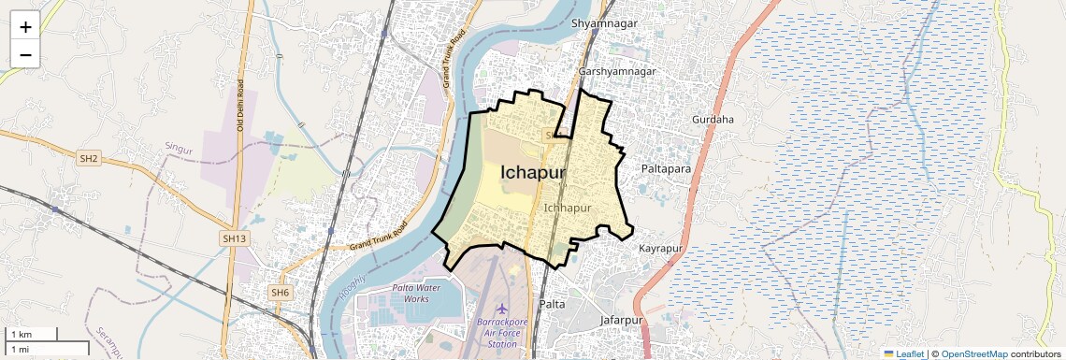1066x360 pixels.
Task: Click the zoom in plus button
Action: [x=25, y=26]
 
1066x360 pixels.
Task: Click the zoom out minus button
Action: [x=25, y=55]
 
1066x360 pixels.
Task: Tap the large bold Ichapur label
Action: [x=533, y=172]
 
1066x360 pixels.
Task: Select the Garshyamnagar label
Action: [x=618, y=71]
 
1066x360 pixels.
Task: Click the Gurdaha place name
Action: [x=713, y=120]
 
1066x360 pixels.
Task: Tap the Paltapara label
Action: [x=666, y=168]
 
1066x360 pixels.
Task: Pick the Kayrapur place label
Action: [x=662, y=249]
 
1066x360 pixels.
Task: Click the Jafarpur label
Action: [x=625, y=320]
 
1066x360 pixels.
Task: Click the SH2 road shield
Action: [x=89, y=158]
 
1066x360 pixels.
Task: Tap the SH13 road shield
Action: [x=234, y=239]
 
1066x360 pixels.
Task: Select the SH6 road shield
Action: [x=280, y=293]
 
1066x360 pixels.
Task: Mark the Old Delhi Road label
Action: [x=240, y=105]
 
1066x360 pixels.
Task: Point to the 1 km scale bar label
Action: [x=21, y=334]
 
